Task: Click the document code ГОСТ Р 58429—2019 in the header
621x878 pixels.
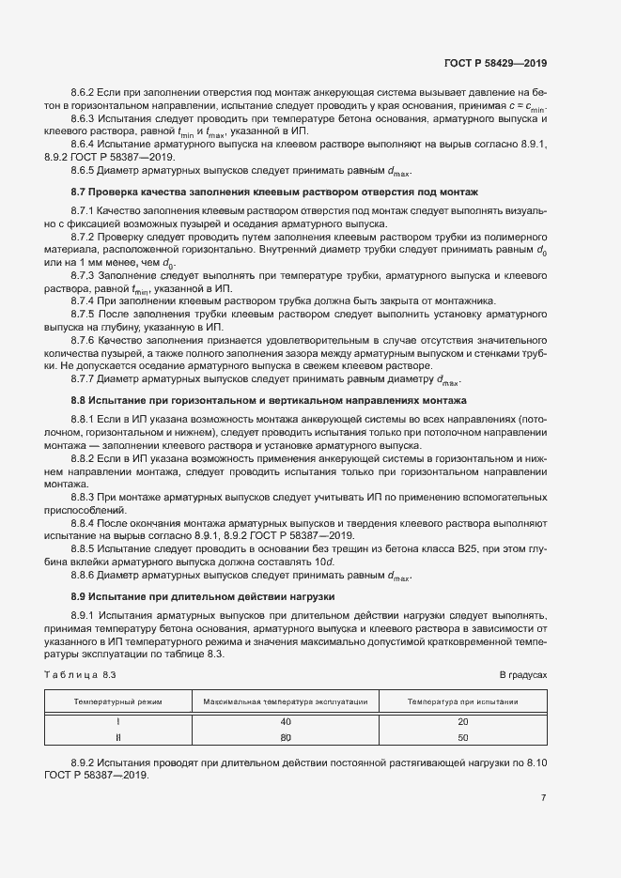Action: pyautogui.click(x=494, y=63)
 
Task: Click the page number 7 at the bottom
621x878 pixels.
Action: pyautogui.click(x=543, y=798)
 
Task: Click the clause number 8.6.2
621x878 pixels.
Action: pyautogui.click(x=84, y=93)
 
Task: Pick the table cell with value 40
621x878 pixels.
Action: pyautogui.click(x=286, y=722)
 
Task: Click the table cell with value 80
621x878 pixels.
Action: pyautogui.click(x=286, y=737)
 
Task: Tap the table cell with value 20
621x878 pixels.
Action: pyautogui.click(x=462, y=722)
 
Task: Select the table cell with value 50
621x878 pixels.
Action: pyautogui.click(x=462, y=737)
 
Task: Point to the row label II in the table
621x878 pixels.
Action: pyautogui.click(x=118, y=737)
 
